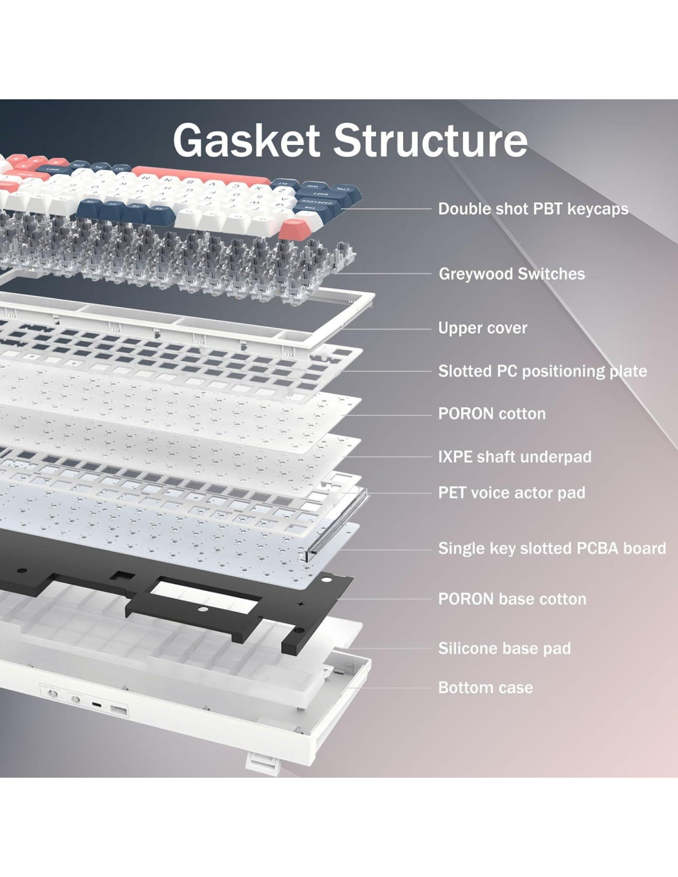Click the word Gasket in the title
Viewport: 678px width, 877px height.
point(246,141)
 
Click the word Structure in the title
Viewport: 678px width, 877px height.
point(430,141)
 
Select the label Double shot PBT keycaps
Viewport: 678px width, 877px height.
point(533,209)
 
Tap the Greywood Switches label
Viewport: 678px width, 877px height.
point(512,274)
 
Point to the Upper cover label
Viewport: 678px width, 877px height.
point(483,328)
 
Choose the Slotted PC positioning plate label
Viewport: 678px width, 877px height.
point(542,371)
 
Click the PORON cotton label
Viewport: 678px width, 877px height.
point(492,414)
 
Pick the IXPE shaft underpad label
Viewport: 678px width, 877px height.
point(515,457)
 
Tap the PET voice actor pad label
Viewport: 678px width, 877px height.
point(512,493)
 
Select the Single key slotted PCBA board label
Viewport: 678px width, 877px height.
point(552,548)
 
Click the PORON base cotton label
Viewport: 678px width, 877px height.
point(512,599)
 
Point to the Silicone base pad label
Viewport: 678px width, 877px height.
point(504,649)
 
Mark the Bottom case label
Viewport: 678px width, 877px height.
point(486,688)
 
